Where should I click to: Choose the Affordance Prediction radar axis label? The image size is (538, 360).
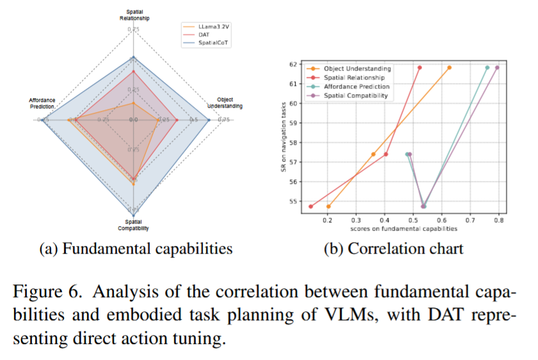42,102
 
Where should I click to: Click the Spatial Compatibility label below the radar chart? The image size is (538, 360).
133,225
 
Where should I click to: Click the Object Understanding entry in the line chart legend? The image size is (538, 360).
357,69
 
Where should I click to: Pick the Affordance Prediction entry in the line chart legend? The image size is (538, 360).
357,86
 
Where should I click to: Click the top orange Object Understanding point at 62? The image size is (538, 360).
449,67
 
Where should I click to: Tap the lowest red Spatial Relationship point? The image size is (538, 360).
311,206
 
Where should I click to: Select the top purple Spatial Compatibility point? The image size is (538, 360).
497,67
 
